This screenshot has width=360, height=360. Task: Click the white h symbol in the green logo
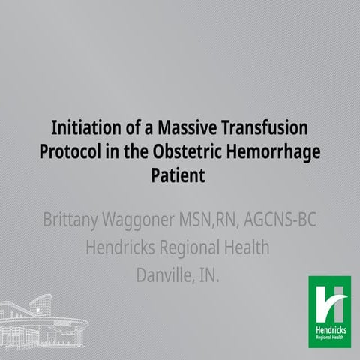click(x=328, y=296)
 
